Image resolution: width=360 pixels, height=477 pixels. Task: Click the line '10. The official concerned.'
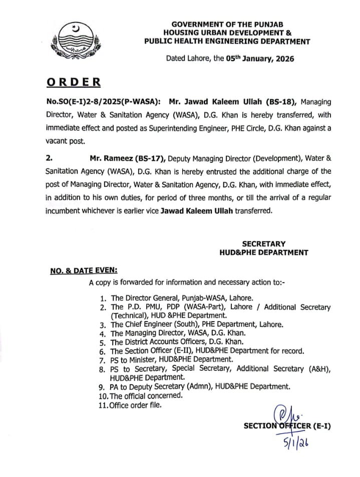pyautogui.click(x=140, y=395)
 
